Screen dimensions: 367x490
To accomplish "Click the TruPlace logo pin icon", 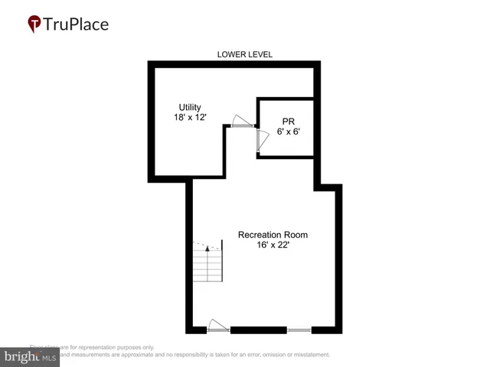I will (34, 24).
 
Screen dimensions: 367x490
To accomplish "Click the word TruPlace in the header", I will (77, 24).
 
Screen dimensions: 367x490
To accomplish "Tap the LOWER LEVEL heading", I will (245, 54).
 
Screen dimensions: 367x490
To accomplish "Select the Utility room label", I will (191, 107).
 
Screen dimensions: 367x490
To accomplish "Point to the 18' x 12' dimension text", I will (191, 118).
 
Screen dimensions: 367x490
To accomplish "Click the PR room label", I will (289, 121).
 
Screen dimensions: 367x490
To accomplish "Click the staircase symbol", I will (207, 266).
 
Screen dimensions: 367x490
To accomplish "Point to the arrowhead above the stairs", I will (207, 248).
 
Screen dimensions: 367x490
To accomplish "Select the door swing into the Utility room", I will (242, 122).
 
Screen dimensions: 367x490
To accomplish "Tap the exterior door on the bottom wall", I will (218, 327).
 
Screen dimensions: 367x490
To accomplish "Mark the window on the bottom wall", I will (299, 330).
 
